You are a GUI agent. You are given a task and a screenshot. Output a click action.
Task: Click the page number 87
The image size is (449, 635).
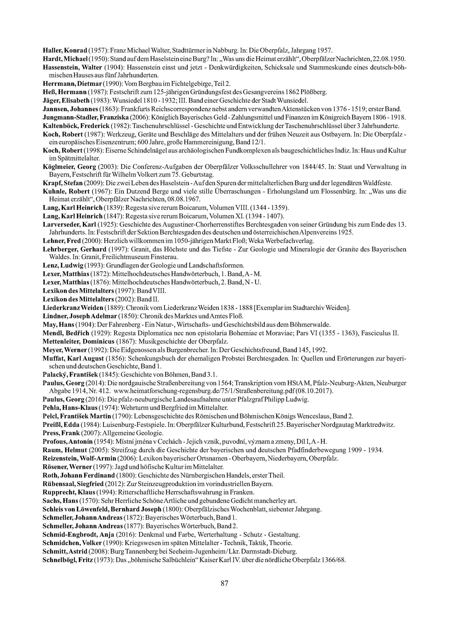coord(224,583)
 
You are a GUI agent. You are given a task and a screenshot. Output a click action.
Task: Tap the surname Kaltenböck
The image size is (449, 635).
coord(61,126)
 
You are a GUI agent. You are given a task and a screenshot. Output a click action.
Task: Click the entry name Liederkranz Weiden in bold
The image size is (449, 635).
coord(73,308)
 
